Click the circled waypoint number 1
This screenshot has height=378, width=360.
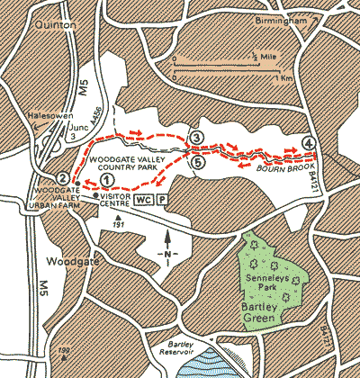coord(107,179)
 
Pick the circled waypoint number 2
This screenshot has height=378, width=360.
coord(61,178)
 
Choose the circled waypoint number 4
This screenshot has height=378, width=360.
coord(309,143)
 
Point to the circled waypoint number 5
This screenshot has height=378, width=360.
coord(197,162)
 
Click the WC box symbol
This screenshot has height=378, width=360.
coord(143,200)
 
